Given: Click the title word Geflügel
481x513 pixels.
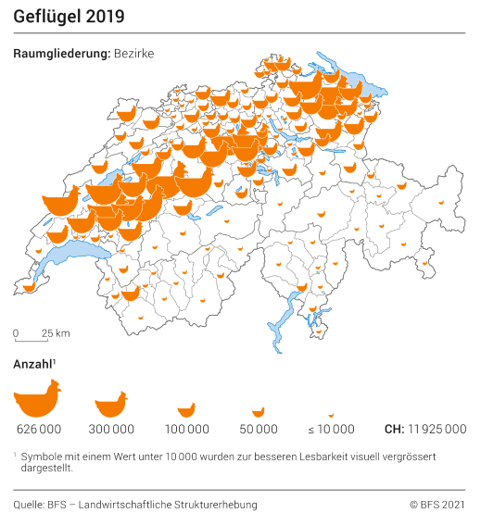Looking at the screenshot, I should (46, 18).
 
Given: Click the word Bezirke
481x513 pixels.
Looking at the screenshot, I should (133, 54).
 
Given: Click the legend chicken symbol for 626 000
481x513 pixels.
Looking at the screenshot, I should (37, 399).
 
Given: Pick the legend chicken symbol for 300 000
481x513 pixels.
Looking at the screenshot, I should (111, 404).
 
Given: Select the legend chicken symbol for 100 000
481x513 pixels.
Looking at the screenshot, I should (186, 409).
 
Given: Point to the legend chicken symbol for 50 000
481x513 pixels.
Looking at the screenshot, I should (259, 411).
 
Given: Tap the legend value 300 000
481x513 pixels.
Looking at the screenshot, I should (111, 430).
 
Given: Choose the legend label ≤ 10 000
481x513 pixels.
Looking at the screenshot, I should (331, 430).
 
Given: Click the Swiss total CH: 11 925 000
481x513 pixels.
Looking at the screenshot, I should (424, 430).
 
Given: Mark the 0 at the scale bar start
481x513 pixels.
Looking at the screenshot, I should (16, 333).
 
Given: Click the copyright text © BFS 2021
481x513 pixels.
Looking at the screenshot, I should (437, 504).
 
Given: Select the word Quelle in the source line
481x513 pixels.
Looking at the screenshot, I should (30, 504).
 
